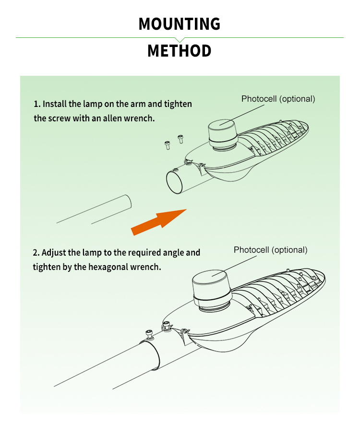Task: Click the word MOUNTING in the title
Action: click(180, 24)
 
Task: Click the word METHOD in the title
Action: click(180, 51)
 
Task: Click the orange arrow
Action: click(158, 222)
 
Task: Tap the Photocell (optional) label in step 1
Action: click(278, 99)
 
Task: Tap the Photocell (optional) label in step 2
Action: click(271, 250)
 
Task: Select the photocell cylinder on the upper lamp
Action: click(223, 134)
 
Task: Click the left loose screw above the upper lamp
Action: click(168, 145)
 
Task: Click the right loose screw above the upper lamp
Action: click(180, 139)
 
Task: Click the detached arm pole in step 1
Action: click(94, 210)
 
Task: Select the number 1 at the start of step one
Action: click(36, 104)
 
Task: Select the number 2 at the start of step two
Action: click(35, 253)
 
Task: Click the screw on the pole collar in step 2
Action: click(149, 334)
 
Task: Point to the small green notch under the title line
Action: click(180, 40)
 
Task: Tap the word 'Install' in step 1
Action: click(55, 104)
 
